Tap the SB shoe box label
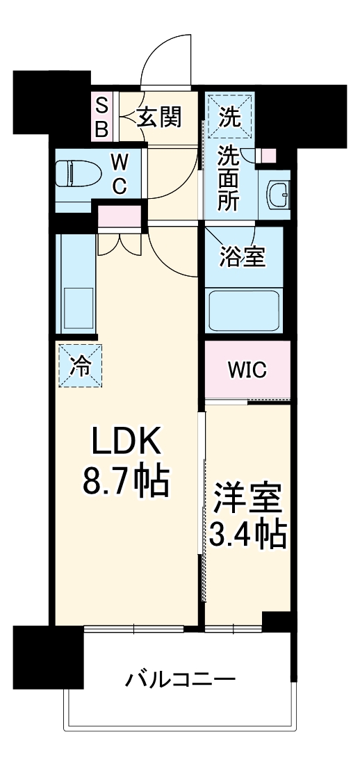coord(101,117)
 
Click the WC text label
coord(120,174)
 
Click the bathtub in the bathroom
coord(245,309)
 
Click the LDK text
coord(126,442)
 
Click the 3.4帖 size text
coord(247,535)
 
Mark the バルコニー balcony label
coord(180,678)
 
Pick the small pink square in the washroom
coord(268,155)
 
